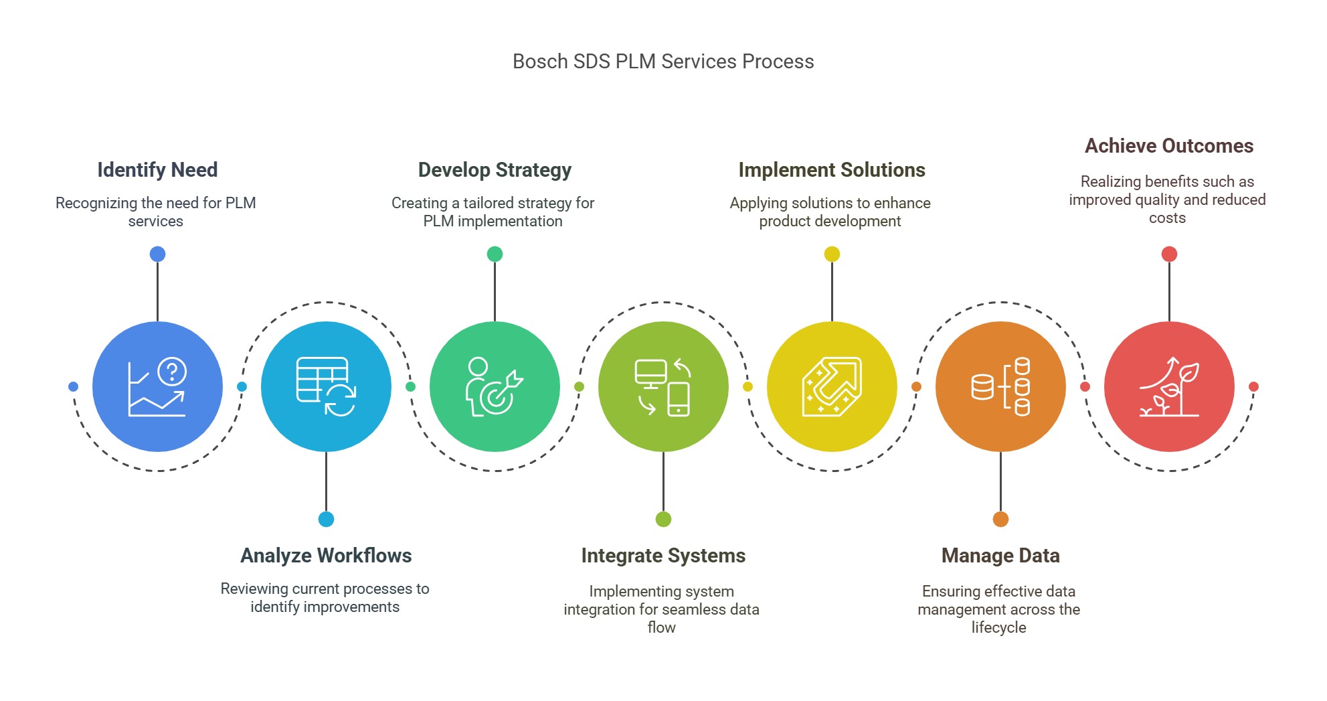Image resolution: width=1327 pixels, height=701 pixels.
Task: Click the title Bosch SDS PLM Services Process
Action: click(663, 62)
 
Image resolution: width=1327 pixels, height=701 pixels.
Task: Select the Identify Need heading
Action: click(157, 170)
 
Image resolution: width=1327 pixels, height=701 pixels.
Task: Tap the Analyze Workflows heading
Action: click(326, 556)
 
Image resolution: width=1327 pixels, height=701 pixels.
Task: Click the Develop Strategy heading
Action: click(495, 170)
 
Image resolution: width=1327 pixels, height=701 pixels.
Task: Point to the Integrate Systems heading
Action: click(663, 556)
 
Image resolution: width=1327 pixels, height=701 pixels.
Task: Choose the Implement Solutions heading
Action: click(832, 170)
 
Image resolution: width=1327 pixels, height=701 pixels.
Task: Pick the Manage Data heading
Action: click(1000, 556)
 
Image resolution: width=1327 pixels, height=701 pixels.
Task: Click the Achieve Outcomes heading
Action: click(1169, 146)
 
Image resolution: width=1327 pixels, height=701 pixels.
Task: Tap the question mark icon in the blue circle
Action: click(173, 371)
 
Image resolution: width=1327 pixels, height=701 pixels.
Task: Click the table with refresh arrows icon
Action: click(326, 386)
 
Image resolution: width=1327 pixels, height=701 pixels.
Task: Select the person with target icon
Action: click(495, 386)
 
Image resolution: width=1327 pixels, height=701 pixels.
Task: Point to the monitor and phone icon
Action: click(663, 386)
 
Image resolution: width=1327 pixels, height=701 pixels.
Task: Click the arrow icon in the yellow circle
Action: click(832, 386)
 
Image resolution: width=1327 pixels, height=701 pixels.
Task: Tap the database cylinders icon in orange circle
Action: click(1000, 386)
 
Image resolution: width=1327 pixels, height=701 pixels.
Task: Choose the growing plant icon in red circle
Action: click(1169, 386)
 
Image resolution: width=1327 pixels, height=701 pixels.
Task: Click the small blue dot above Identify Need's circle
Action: click(157, 254)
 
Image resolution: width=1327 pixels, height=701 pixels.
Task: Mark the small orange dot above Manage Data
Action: click(1000, 519)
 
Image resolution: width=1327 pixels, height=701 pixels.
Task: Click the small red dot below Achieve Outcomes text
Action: click(1169, 254)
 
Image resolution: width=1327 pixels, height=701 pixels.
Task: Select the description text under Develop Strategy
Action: click(493, 212)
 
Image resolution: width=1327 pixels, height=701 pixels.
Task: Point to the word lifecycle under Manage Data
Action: click(998, 627)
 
